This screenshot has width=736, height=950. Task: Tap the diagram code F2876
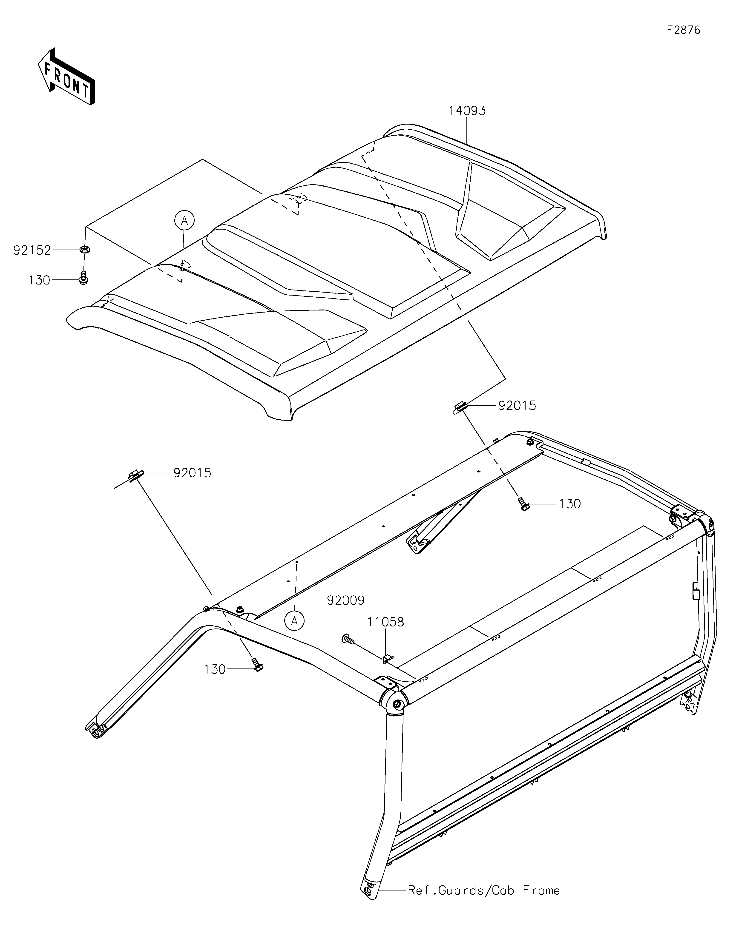[x=683, y=30]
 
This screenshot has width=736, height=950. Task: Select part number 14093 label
[x=467, y=111]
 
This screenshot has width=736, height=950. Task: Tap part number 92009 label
[x=346, y=600]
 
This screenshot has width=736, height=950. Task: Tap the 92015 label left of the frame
[x=192, y=473]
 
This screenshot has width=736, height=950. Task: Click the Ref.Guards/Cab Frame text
[x=483, y=890]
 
